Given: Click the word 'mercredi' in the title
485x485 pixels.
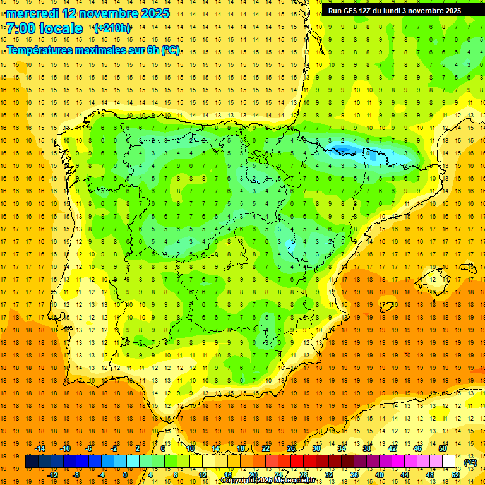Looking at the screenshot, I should pos(33,13).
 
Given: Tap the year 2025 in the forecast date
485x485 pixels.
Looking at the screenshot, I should pos(153,13).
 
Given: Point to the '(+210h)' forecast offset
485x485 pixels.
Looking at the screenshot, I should pos(112,28).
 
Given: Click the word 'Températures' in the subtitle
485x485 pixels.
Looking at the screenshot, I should pos(39,50).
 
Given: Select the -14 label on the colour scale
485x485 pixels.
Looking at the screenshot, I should pos(40,448).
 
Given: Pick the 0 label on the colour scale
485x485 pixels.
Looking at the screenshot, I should pos(124,475).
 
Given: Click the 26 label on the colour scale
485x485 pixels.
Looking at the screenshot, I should pos(291,448).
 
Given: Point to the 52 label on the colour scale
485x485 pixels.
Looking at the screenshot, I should pos(456,475).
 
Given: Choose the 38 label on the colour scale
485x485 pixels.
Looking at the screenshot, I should pos(366,448).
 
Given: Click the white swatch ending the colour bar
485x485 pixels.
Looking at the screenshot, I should pos(449,462).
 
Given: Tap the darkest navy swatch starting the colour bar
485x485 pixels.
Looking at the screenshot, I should pos(32,462).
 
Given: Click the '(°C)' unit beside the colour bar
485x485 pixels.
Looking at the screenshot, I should pos(470,462).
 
